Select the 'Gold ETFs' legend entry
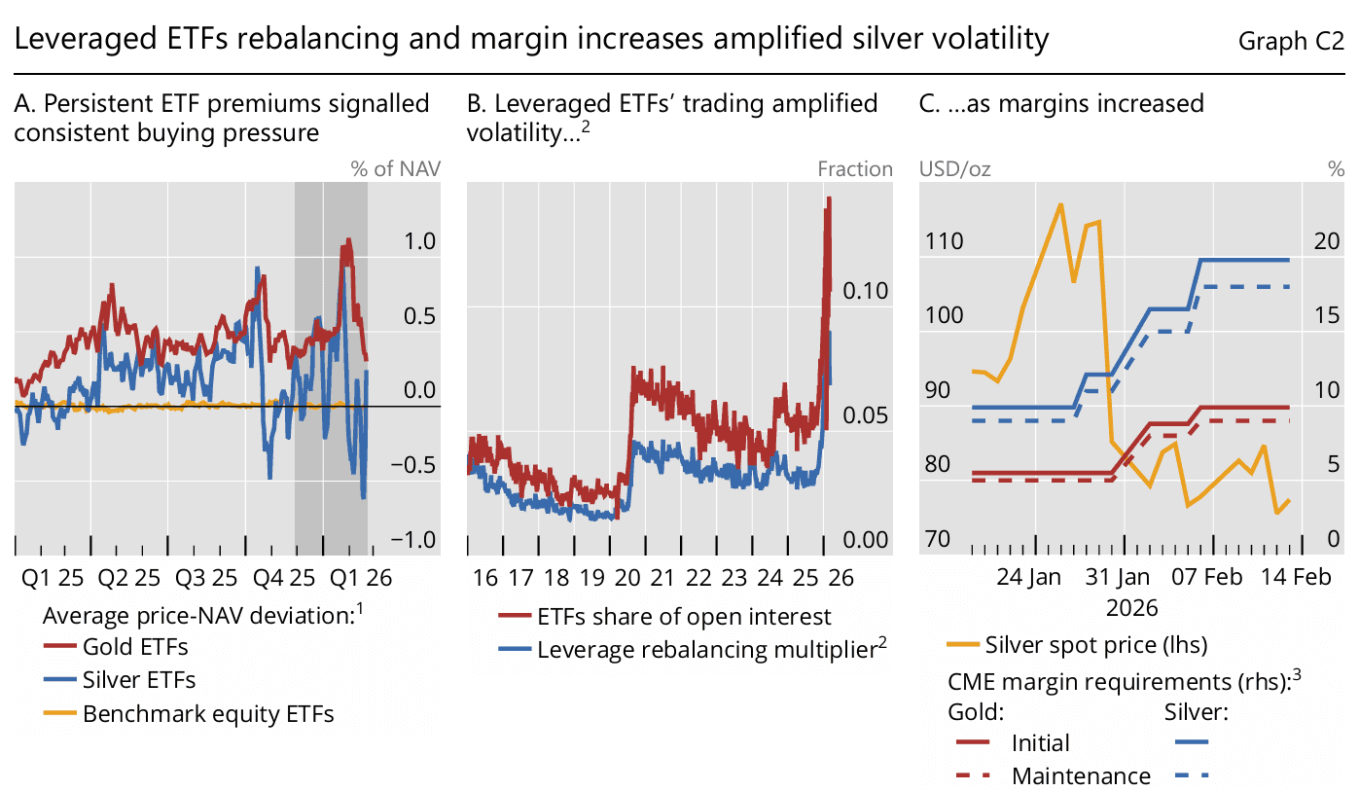tap(135, 646)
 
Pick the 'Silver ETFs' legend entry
tap(139, 680)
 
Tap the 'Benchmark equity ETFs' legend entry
tap(208, 714)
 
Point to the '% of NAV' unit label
tap(395, 169)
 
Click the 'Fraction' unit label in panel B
tap(854, 169)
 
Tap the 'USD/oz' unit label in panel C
tap(955, 169)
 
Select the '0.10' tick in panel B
tap(866, 291)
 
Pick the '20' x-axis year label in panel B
tap(627, 577)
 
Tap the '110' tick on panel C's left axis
tap(942, 241)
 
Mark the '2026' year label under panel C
tap(1132, 608)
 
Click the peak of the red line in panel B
tap(829, 198)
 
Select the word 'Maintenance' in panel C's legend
tap(1081, 776)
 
